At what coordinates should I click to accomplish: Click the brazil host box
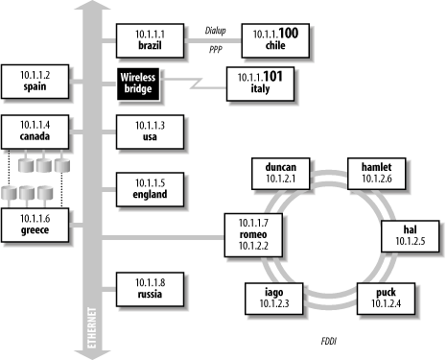pos(150,40)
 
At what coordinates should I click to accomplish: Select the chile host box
pos(275,40)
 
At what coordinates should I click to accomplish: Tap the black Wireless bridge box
pos(138,84)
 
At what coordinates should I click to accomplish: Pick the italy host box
pos(260,84)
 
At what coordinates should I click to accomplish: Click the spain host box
pos(35,82)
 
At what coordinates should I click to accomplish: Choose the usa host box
pos(150,132)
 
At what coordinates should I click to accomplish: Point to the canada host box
pos(35,132)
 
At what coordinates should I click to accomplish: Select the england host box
pos(150,189)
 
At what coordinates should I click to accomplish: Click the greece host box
pos(35,225)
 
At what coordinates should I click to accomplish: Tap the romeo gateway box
pos(253,235)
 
